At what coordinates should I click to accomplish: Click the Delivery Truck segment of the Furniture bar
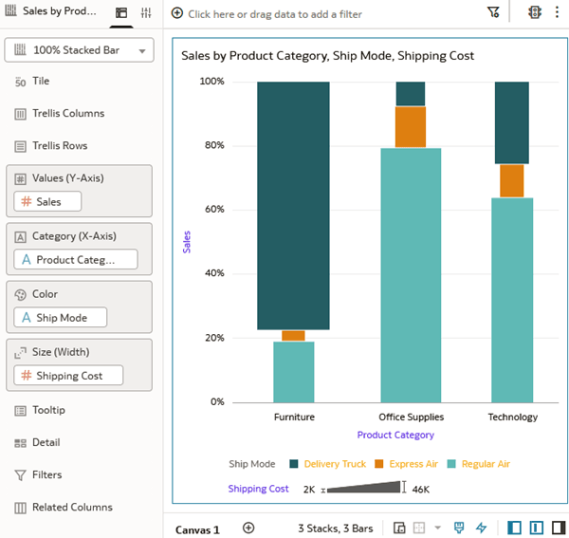click(293, 205)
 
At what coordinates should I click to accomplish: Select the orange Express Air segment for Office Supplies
click(410, 127)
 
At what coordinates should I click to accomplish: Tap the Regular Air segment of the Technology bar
click(512, 299)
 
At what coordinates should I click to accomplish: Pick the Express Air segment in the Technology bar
click(512, 180)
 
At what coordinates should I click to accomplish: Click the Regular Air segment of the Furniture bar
click(293, 371)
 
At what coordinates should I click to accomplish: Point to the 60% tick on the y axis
click(212, 210)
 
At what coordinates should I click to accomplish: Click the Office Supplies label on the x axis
click(411, 417)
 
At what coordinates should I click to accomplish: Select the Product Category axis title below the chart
click(395, 435)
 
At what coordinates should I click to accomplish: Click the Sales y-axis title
click(187, 241)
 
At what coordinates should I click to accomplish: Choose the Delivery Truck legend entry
click(334, 464)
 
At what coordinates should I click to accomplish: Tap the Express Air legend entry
click(413, 464)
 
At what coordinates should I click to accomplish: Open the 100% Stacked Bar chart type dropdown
click(79, 50)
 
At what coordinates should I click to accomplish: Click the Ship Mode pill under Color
click(60, 317)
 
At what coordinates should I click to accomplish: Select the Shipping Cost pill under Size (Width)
click(68, 376)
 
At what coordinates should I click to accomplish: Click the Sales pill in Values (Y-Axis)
click(47, 201)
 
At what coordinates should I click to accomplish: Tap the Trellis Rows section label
click(59, 146)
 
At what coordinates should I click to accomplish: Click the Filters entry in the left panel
click(46, 474)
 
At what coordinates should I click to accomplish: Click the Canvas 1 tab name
click(197, 529)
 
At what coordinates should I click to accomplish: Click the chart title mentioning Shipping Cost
click(327, 56)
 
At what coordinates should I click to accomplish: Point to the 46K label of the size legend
click(421, 490)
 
